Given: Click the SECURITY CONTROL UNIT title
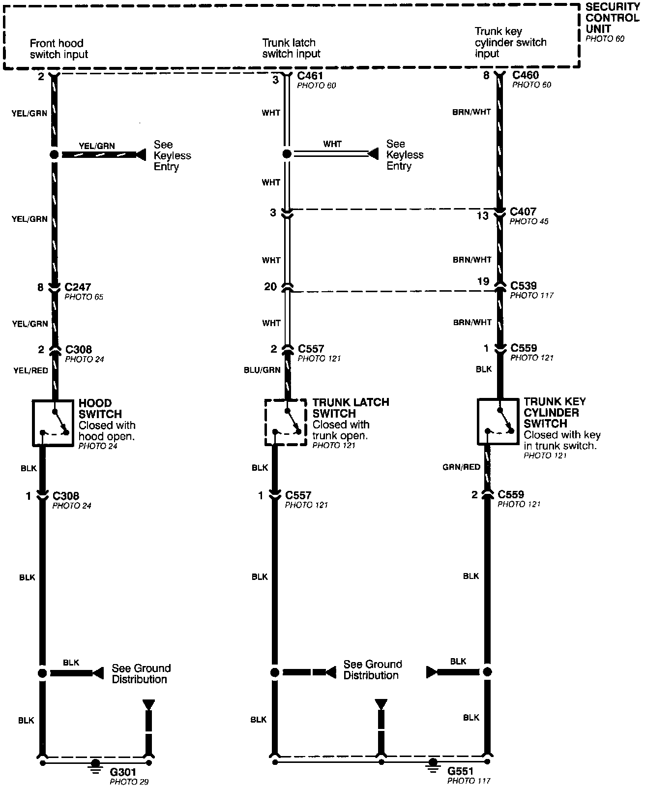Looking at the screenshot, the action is pyautogui.click(x=612, y=18).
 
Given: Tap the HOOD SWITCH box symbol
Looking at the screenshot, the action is pyautogui.click(x=53, y=423).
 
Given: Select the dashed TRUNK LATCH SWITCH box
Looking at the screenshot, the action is pyautogui.click(x=286, y=422).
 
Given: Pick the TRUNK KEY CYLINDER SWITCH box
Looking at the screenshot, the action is pyautogui.click(x=498, y=422).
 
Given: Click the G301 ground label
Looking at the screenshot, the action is pyautogui.click(x=123, y=772).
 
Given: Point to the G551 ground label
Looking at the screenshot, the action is pyautogui.click(x=461, y=771).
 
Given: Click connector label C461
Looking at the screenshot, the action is pyautogui.click(x=310, y=76).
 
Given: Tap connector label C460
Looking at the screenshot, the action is pyautogui.click(x=525, y=75).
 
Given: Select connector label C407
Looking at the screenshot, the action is pyautogui.click(x=523, y=212).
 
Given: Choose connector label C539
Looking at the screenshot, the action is pyautogui.click(x=524, y=286).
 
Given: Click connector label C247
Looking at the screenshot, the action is pyautogui.click(x=78, y=287).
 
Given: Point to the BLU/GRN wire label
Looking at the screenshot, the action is pyautogui.click(x=262, y=370).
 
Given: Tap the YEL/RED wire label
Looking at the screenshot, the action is pyautogui.click(x=30, y=370).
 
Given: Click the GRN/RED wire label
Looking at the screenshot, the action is pyautogui.click(x=461, y=467).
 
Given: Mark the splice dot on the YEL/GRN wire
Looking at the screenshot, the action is pyautogui.click(x=54, y=155).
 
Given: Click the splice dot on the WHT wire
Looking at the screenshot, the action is pyautogui.click(x=287, y=154).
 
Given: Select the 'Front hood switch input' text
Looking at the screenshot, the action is pyautogui.click(x=59, y=49).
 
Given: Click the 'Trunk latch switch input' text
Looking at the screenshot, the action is pyautogui.click(x=291, y=48).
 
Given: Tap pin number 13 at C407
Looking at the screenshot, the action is pyautogui.click(x=483, y=215).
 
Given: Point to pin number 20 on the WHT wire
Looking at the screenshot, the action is pyautogui.click(x=270, y=286).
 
